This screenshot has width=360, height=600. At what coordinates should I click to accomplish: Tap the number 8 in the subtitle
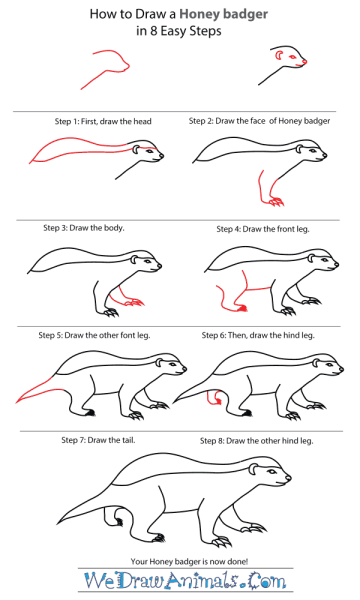coord(153,31)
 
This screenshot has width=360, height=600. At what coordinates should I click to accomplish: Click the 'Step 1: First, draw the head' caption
coord(103,121)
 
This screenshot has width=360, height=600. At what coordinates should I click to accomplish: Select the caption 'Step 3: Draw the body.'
coord(84,228)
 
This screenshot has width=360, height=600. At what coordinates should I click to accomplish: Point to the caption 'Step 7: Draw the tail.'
coord(98,440)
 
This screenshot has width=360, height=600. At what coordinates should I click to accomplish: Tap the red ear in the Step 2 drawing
coord(278,55)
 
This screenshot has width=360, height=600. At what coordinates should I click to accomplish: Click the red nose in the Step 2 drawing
coord(305,62)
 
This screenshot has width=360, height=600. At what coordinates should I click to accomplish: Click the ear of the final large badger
coord(253,469)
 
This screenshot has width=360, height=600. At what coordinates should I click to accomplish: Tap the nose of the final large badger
coord(288,478)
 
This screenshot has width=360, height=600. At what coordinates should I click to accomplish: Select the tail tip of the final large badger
coord(58,523)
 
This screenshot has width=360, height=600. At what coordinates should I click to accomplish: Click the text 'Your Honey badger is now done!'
coord(189,561)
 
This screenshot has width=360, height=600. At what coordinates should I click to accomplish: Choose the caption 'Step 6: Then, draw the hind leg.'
coord(258,336)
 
